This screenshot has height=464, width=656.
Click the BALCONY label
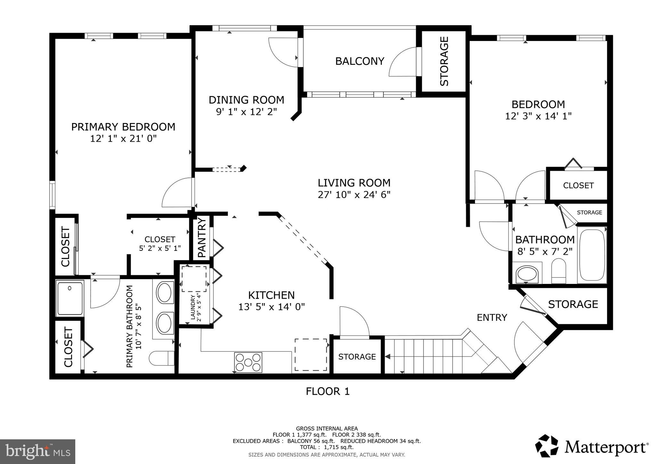(359, 61)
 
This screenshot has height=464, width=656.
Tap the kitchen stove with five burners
(248, 362)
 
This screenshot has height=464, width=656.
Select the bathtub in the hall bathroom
(592, 255)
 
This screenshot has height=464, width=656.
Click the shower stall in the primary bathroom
(70, 298)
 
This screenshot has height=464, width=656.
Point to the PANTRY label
(202, 237)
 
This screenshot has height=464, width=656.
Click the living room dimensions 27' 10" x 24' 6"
(354, 195)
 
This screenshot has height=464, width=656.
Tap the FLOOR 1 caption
(327, 391)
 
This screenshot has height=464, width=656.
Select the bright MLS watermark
(37, 452)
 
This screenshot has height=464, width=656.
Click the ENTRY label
(492, 318)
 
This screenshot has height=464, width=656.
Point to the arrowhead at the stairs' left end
(387, 356)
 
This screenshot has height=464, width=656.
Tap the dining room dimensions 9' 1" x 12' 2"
(246, 112)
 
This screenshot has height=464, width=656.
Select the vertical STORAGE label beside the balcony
(444, 61)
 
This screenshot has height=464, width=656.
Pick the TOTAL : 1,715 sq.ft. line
(327, 447)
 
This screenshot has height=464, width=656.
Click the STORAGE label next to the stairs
(357, 357)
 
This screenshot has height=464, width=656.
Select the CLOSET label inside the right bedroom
(578, 186)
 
